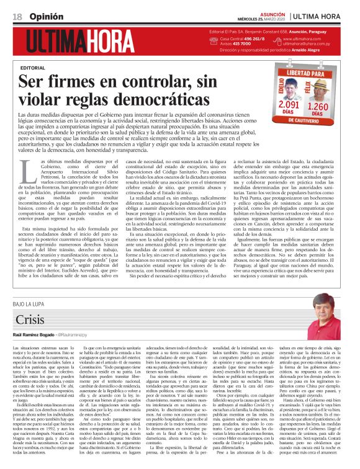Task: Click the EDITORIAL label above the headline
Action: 33,67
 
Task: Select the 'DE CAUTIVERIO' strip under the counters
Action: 305,122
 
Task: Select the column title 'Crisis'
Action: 30,320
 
